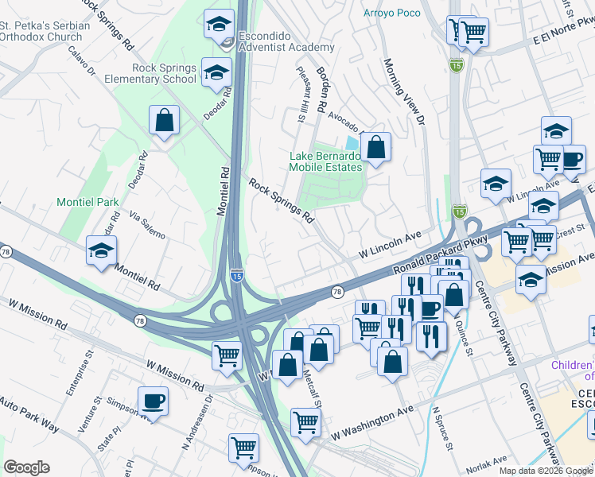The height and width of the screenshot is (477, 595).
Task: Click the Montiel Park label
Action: [87, 203]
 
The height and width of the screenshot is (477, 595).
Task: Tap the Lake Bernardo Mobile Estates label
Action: [325, 161]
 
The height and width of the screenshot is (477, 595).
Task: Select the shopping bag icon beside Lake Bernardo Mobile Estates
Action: [375, 148]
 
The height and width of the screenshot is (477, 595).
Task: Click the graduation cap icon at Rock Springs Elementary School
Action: [213, 73]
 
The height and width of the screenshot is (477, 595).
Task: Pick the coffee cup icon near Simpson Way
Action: [153, 401]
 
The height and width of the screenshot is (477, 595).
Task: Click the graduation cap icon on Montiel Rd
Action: [102, 252]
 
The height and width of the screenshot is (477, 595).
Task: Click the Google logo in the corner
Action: [26, 467]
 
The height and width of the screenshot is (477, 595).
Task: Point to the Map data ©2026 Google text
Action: [544, 471]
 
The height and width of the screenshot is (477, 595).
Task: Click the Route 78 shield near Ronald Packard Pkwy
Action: [336, 293]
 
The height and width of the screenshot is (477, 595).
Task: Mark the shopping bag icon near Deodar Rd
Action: [164, 122]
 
